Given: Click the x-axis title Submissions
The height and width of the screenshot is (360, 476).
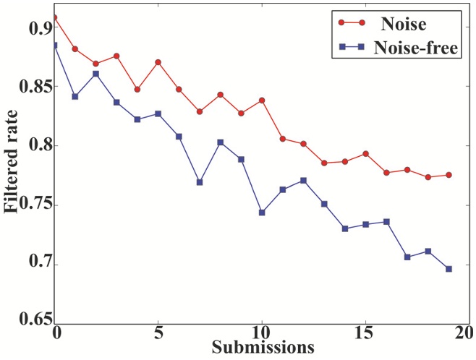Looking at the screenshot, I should (x=263, y=348).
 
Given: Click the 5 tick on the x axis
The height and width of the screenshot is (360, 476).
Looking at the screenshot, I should (x=158, y=335).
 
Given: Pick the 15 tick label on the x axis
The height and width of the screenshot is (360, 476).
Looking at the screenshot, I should (x=366, y=335).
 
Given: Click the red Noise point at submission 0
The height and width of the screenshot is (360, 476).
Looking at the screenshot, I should (x=55, y=17).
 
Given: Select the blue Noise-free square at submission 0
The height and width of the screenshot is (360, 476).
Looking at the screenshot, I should (x=55, y=46).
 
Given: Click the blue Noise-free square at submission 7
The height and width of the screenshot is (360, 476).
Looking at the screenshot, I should (x=200, y=182).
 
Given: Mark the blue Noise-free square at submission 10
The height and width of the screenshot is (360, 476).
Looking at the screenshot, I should (x=262, y=213).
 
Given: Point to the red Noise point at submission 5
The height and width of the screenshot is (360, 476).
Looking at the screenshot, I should (x=158, y=62).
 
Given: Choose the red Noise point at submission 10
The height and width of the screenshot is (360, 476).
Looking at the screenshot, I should (x=262, y=100).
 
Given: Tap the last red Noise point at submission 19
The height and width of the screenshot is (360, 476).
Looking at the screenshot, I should (x=449, y=175).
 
